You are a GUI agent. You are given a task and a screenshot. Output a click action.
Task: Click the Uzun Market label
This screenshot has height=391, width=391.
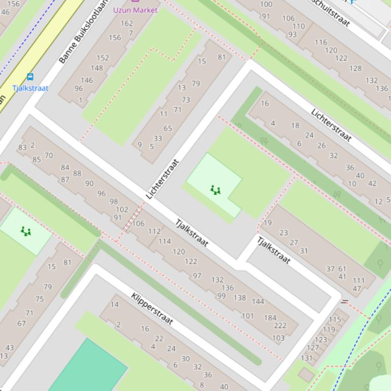[135, 10]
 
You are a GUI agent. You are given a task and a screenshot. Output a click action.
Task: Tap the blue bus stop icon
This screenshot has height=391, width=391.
[30, 77]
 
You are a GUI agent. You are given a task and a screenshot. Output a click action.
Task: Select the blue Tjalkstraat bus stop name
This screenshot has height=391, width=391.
[30, 88]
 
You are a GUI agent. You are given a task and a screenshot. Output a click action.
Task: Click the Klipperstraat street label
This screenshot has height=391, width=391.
[152, 309]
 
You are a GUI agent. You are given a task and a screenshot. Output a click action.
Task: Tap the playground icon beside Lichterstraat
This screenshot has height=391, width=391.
[215, 190]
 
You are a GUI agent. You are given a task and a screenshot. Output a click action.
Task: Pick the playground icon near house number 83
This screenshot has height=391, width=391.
[25, 232]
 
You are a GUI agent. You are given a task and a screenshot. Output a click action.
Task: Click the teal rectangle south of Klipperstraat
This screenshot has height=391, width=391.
[88, 368]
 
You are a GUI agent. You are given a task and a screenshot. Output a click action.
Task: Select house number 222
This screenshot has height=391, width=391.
[280, 325]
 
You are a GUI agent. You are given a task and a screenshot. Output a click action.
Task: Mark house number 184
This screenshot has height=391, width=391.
[270, 318]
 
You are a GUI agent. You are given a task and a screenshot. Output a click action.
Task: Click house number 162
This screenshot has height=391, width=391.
[127, 23]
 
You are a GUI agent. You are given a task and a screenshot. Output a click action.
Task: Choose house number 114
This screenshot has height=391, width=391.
[165, 241]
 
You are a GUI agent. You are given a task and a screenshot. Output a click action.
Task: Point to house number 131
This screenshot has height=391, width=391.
[307, 358]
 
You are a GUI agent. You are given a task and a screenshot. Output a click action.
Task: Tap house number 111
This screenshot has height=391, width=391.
[359, 280]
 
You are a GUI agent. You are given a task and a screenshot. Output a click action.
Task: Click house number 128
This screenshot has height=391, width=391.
[355, 68]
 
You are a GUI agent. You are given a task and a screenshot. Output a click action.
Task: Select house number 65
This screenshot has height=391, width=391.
[168, 128]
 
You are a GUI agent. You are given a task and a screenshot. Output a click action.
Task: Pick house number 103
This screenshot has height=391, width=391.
[278, 338]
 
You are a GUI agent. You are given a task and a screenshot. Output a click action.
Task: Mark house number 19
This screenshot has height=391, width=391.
[268, 222]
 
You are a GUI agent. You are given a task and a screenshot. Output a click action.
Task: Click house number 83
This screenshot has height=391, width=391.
[22, 148]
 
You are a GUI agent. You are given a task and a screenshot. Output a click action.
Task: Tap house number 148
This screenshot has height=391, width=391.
[96, 68]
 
